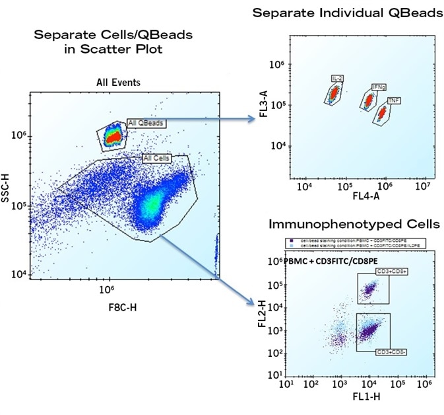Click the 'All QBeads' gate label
pos(146,122)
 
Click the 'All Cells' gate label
pos(156,159)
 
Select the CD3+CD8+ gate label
pos(374,271)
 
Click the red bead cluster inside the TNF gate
pos(381,115)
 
